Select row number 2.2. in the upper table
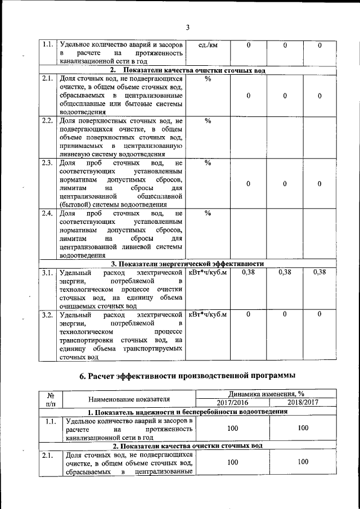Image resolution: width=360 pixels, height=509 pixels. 47,121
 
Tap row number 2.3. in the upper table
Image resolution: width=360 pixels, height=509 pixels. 47,163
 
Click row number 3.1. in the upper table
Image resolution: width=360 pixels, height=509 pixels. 47,273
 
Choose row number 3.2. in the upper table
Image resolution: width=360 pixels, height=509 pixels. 47,314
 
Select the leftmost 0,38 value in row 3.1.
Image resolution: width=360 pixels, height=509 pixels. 248,272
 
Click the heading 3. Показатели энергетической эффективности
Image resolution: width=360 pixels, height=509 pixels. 187,264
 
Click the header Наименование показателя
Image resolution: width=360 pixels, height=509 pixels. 129,399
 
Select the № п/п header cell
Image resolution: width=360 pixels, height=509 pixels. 50,399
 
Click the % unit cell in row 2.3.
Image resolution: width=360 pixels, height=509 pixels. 208,163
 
